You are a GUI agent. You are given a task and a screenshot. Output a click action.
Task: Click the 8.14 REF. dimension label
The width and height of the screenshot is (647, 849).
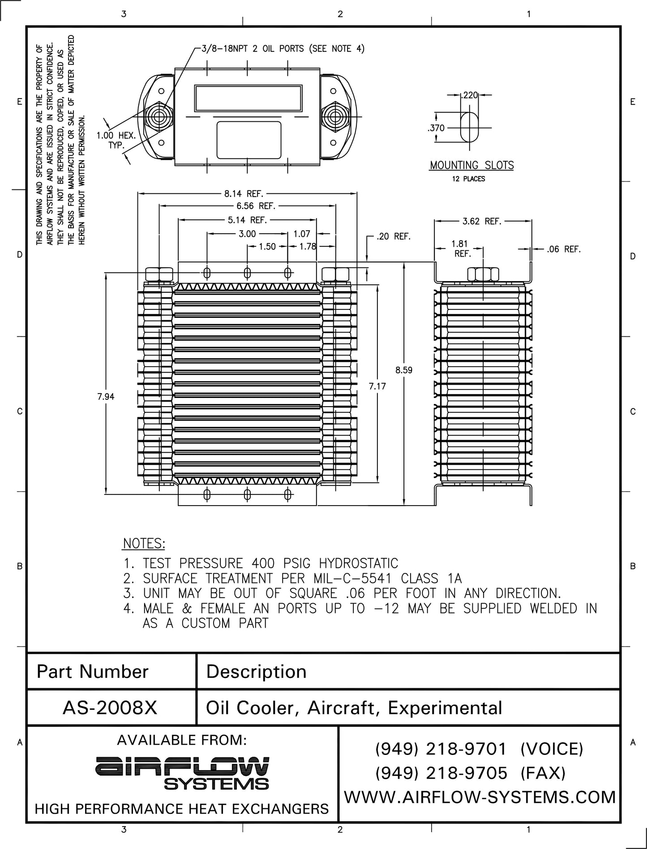[x=244, y=194]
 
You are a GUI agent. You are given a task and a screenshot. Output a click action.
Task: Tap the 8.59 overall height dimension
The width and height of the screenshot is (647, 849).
[x=404, y=370]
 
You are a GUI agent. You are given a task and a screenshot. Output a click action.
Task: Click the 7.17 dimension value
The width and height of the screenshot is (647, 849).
[x=377, y=386]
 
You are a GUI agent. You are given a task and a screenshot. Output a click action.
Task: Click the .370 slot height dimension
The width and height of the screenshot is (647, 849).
[x=436, y=128]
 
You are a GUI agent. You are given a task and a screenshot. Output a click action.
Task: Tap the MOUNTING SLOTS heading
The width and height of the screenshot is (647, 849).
[x=471, y=165]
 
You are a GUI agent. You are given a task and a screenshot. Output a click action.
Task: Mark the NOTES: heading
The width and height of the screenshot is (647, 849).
[x=144, y=544]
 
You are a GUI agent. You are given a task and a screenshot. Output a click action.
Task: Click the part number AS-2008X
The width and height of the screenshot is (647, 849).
[x=110, y=707]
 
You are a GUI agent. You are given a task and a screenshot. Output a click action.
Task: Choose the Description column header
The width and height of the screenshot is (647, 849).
[x=256, y=672]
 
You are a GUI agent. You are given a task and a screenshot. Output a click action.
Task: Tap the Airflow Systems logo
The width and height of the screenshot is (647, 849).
[x=182, y=773]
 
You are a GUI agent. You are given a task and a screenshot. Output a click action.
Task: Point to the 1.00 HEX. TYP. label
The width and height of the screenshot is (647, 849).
[x=116, y=140]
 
